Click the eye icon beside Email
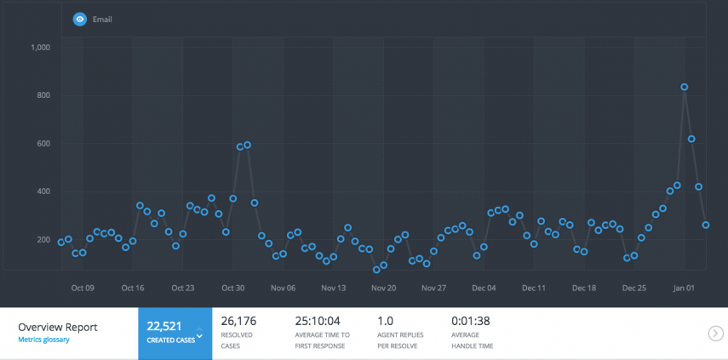pyautogui.click(x=80, y=19)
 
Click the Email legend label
pyautogui.click(x=102, y=19)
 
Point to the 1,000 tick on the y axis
pyautogui.click(x=41, y=48)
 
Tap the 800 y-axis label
pyautogui.click(x=43, y=95)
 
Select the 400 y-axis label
pyautogui.click(x=43, y=191)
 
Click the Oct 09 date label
pyautogui.click(x=83, y=288)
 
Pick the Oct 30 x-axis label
pyautogui.click(x=233, y=288)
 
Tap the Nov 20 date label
pyautogui.click(x=384, y=288)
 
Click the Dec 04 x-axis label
pyautogui.click(x=484, y=288)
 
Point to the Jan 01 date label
pyautogui.click(x=684, y=288)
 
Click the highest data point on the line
pyautogui.click(x=685, y=87)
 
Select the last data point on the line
pyautogui.click(x=706, y=225)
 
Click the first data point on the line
pyautogui.click(x=61, y=242)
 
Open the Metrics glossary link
pyautogui.click(x=43, y=340)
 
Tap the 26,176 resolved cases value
pyautogui.click(x=238, y=321)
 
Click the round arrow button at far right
pyautogui.click(x=715, y=333)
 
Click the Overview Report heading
pyautogui.click(x=58, y=326)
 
